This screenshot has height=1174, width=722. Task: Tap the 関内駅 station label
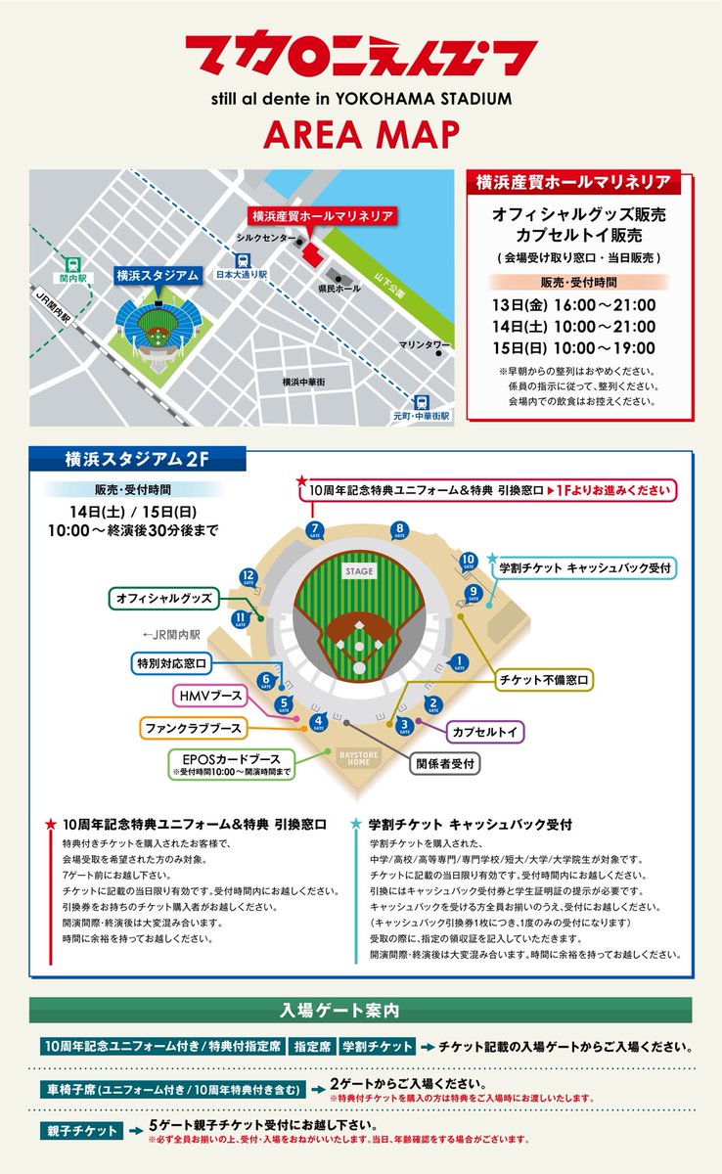click(x=72, y=278)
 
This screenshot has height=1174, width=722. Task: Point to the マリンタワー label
click(x=424, y=345)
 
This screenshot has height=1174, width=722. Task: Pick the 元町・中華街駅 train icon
click(x=421, y=401)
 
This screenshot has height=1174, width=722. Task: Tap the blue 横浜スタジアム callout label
click(x=158, y=275)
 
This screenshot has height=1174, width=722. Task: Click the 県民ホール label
click(x=340, y=290)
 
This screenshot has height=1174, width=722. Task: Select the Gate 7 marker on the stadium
click(x=314, y=531)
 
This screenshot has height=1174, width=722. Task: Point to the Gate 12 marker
click(x=248, y=576)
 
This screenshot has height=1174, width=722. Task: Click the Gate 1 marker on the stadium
click(x=460, y=662)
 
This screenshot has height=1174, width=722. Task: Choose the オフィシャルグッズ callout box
click(x=164, y=597)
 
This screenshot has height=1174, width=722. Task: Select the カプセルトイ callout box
click(x=485, y=731)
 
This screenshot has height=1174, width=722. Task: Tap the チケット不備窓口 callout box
click(x=545, y=679)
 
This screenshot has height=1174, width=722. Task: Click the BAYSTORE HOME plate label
click(x=359, y=758)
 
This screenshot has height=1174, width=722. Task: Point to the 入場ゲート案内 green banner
click(x=360, y=1010)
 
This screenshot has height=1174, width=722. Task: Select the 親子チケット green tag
click(x=81, y=1131)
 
